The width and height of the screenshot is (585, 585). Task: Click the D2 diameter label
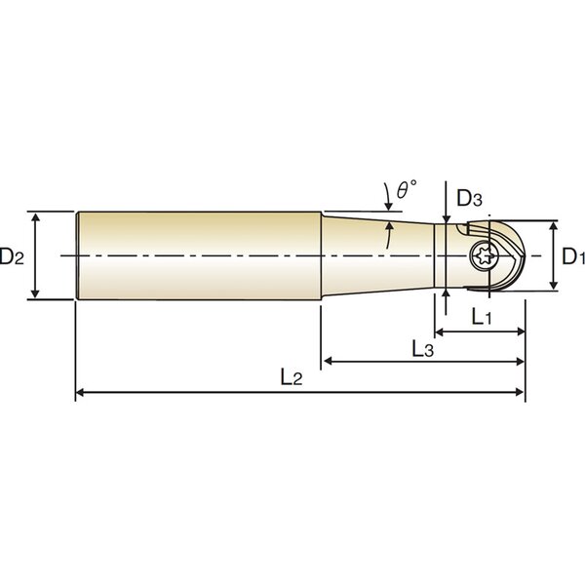[x=12, y=256]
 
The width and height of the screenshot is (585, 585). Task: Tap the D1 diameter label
[x=573, y=256]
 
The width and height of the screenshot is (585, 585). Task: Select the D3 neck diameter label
[x=469, y=199]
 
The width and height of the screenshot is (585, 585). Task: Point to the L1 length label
[x=482, y=318]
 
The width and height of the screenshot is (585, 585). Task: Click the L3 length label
[x=423, y=350]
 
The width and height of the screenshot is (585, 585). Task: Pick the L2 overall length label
[x=292, y=377]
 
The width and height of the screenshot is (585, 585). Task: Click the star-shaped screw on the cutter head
[x=483, y=255]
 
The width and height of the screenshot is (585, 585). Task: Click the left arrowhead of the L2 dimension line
[x=80, y=392]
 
